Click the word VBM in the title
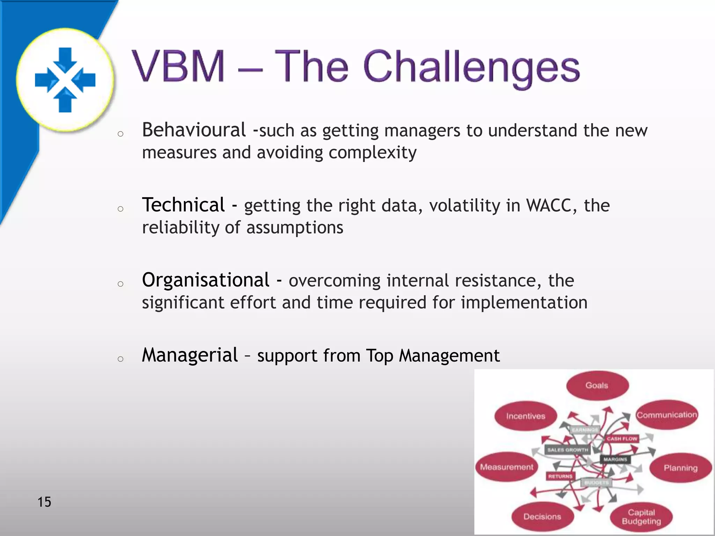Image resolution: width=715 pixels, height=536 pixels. tap(178, 66)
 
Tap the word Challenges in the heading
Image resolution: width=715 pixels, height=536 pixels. tap(471, 68)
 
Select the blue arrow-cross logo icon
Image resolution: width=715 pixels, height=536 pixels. tap(65, 80)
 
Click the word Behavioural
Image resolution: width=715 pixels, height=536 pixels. tap(194, 130)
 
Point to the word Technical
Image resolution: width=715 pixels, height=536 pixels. tap(183, 205)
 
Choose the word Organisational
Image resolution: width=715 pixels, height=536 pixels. tap(206, 280)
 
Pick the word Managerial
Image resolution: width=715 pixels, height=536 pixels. tap(190, 355)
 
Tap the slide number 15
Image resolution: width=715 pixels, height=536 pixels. tap(44, 502)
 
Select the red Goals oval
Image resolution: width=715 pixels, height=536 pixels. tap(597, 385)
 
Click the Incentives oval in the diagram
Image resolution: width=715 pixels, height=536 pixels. tap(525, 416)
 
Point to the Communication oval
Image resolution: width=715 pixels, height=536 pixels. tap(666, 415)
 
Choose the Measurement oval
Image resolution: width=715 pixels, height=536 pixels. tap(507, 467)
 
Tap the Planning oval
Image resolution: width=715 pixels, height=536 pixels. tap(680, 468)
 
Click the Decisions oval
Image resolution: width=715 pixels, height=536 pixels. tap(542, 516)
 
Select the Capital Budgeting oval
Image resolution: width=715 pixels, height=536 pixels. tap(641, 517)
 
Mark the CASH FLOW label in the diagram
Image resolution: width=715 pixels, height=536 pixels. tap(622, 439)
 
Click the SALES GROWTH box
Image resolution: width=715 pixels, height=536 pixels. tap(567, 450)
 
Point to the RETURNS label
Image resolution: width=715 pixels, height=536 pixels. tap(560, 476)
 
